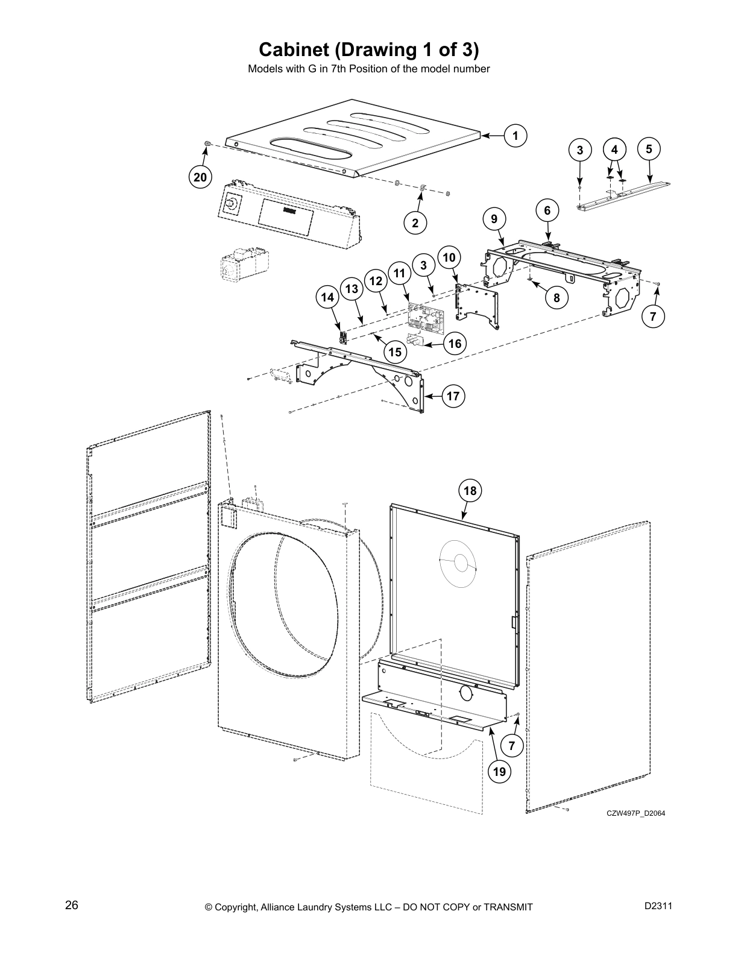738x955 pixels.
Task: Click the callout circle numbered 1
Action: (515, 136)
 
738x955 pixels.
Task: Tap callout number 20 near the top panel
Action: (200, 177)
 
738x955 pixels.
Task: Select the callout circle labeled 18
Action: (470, 491)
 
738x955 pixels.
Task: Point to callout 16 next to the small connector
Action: (455, 344)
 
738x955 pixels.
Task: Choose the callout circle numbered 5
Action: (649, 149)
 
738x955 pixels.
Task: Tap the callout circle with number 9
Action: (494, 219)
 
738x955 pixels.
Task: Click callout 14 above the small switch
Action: (327, 297)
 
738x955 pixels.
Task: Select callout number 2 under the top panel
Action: (415, 223)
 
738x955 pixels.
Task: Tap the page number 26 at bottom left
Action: (71, 906)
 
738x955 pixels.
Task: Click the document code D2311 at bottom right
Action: (658, 906)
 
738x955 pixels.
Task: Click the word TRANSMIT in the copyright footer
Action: (505, 907)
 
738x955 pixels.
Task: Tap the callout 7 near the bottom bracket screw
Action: (511, 746)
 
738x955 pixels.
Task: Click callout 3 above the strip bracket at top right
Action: (580, 151)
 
